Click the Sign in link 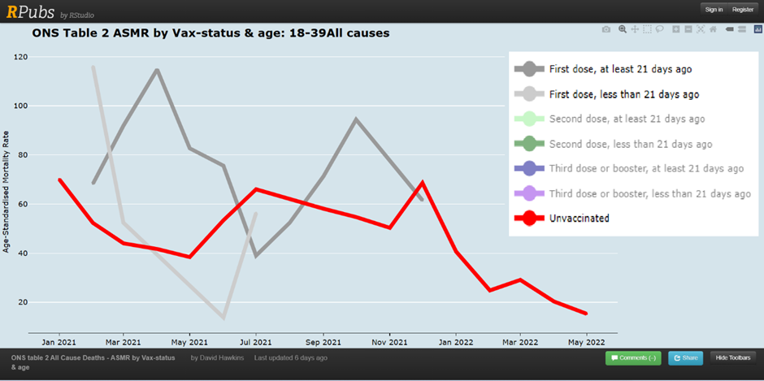tap(714, 9)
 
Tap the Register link tap(742, 9)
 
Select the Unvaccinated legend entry tap(579, 218)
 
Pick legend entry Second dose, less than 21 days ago tap(630, 144)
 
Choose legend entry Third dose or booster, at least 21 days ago tap(646, 168)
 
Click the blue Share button tap(685, 357)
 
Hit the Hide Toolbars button tap(734, 357)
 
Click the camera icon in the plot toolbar tap(606, 29)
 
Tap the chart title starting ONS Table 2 tap(211, 34)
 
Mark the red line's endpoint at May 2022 tap(585, 314)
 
